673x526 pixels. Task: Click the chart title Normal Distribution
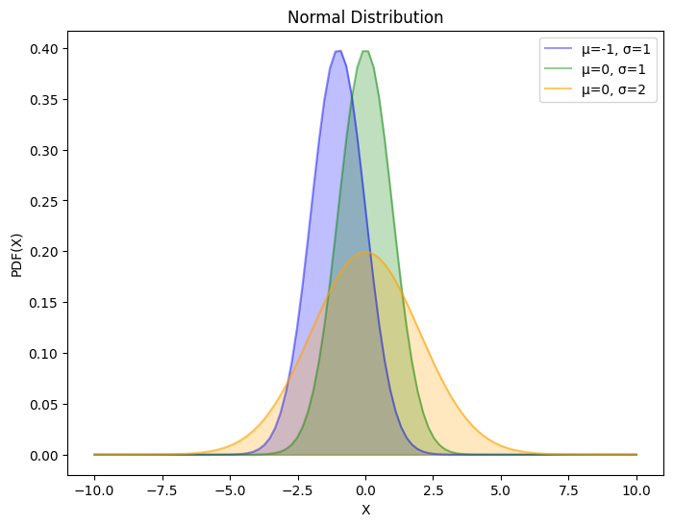click(365, 17)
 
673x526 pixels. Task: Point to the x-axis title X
click(365, 510)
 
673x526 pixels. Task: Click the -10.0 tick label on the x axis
click(94, 489)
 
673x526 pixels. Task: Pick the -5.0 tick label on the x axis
click(230, 489)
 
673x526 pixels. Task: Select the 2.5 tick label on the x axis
click(434, 489)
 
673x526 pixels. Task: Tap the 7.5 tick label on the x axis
click(569, 489)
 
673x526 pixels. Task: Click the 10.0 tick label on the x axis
click(636, 489)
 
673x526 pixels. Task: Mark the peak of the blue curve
click(338, 51)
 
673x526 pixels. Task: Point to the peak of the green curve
click(365, 51)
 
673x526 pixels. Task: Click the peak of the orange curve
click(365, 252)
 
